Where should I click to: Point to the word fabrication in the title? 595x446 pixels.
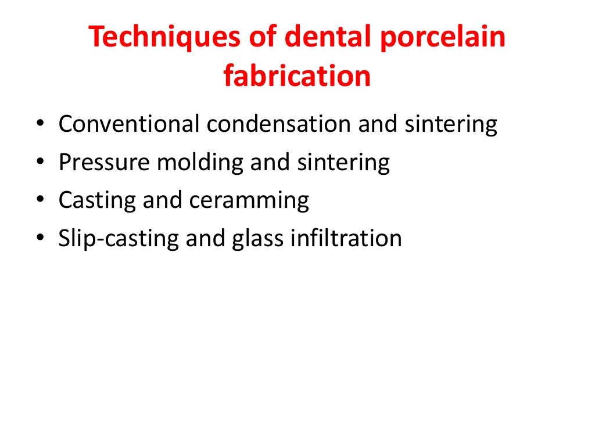pyautogui.click(x=297, y=76)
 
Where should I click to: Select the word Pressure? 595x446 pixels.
pyautogui.click(x=103, y=163)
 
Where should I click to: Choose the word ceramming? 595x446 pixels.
pyautogui.click(x=249, y=201)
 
